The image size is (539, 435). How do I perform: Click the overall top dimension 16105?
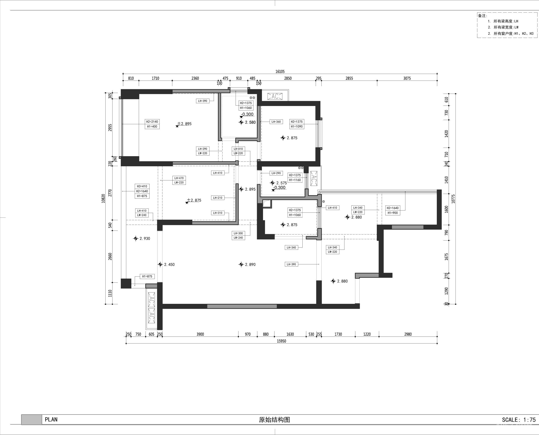280,71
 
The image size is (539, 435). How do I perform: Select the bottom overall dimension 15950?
281,341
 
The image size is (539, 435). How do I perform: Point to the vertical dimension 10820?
103,198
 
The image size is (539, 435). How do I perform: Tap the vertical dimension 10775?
453,198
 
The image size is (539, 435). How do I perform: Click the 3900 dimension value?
200,334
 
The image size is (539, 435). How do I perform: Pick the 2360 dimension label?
195,78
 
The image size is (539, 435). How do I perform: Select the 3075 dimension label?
407,78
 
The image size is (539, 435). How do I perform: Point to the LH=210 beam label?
218,198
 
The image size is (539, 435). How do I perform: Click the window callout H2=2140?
152,122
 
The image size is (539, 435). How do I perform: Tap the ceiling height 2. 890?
250,265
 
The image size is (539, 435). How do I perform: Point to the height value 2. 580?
250,122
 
